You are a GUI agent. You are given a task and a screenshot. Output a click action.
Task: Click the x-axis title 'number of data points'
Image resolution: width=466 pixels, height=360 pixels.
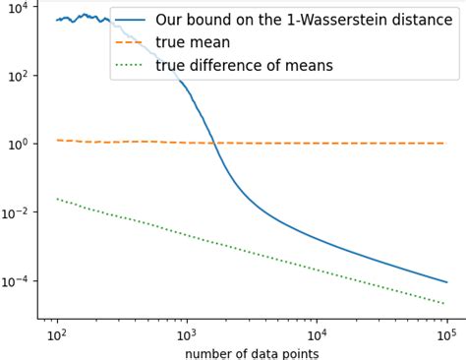point(252,352)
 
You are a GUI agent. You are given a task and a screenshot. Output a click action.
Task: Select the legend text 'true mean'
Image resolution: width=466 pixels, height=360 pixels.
point(193,43)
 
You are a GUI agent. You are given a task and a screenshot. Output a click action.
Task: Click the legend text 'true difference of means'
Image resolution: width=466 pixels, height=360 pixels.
point(245,66)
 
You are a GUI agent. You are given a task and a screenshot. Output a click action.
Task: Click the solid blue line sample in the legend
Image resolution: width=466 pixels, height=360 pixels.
point(131,21)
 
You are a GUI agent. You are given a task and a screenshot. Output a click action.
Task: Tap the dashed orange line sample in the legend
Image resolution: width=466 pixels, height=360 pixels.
point(131,43)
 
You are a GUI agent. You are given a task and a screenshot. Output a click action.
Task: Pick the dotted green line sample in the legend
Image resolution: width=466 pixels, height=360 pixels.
point(131,66)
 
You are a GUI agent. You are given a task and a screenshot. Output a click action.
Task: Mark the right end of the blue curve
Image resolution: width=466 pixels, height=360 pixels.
point(446,282)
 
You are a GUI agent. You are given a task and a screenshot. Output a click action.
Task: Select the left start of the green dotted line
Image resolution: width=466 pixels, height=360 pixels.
point(57,199)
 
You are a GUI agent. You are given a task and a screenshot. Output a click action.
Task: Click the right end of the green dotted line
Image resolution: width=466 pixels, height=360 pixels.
point(445,304)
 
